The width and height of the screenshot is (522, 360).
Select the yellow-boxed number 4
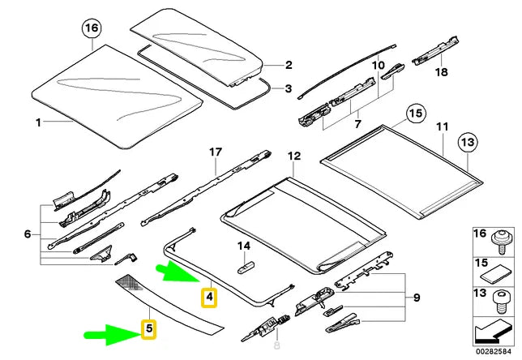click(x=209, y=297)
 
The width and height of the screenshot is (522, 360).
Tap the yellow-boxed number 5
click(x=148, y=329)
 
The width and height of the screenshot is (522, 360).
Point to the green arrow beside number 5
click(x=109, y=332)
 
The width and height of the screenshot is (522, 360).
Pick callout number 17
click(x=215, y=152)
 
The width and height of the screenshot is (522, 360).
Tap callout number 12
click(x=293, y=155)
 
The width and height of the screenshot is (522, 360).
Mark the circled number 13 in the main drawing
click(x=469, y=144)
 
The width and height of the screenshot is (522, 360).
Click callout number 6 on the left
click(x=27, y=234)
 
